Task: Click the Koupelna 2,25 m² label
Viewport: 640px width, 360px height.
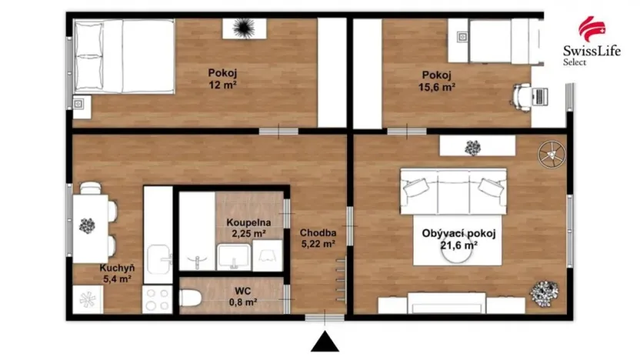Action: [x=246, y=228]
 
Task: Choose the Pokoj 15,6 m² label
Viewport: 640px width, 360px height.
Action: [x=438, y=81]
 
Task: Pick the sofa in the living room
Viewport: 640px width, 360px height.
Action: [x=452, y=192]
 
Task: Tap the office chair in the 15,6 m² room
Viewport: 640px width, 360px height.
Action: [x=521, y=95]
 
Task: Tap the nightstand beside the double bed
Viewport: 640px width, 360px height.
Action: [x=82, y=105]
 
